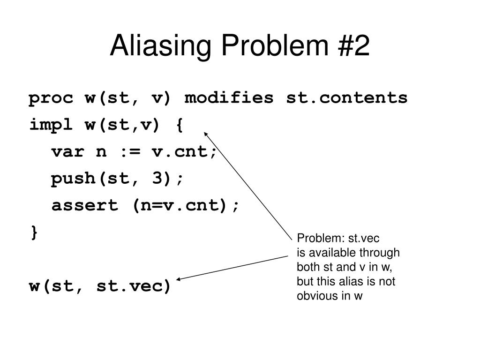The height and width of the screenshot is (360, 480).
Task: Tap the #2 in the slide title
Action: [x=354, y=47]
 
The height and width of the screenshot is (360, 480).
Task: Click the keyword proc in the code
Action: [x=51, y=98]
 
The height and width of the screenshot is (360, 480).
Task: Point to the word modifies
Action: [x=229, y=98]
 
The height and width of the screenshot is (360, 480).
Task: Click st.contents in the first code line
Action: [x=347, y=98]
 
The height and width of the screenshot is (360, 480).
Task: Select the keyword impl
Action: [x=51, y=125]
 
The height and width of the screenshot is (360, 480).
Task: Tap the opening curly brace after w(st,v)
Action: [x=180, y=125]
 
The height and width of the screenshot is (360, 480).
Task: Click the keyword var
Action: [x=67, y=152]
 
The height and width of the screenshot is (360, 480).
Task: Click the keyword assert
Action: [x=84, y=205]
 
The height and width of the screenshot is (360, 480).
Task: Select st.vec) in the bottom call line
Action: [x=134, y=285]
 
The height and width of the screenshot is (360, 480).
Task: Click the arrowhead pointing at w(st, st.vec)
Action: [x=179, y=280]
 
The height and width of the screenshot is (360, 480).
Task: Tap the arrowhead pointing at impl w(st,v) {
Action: [x=206, y=135]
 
